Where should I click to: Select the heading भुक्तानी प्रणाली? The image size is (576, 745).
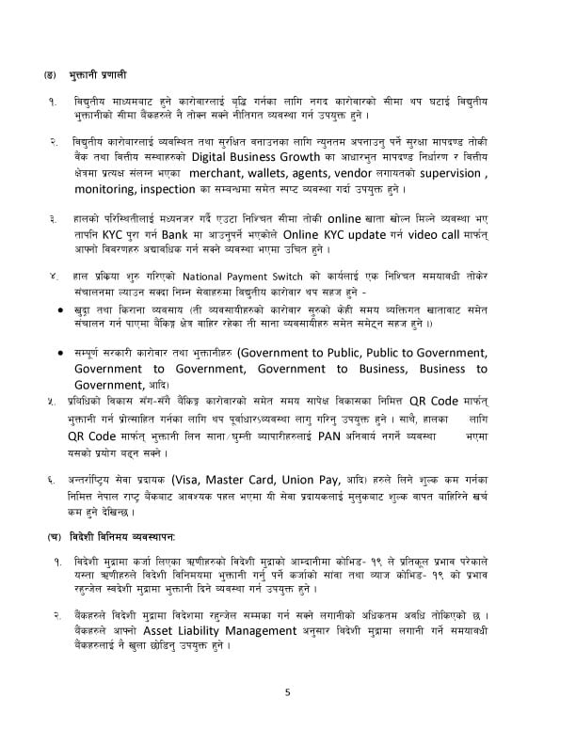(95, 72)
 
